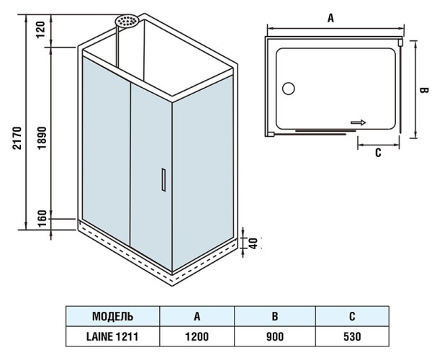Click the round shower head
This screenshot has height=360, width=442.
(x=128, y=22)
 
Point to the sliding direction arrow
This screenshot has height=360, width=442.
(x=358, y=122)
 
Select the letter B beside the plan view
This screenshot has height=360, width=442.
(x=425, y=91)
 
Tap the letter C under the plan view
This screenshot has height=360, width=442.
(x=378, y=153)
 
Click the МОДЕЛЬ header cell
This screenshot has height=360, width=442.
(x=112, y=316)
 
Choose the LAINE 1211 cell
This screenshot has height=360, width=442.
(x=112, y=336)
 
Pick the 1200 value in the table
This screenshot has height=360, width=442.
(x=197, y=336)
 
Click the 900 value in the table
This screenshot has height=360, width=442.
(x=274, y=336)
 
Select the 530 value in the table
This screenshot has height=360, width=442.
(x=351, y=336)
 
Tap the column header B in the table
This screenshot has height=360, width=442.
(x=274, y=316)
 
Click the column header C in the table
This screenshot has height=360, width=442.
(x=351, y=316)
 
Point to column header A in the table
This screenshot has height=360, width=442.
(x=197, y=316)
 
